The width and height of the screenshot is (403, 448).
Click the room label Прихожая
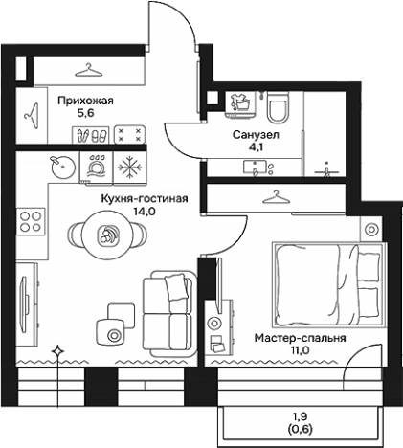pos(85,101)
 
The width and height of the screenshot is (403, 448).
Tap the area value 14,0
pos(145,212)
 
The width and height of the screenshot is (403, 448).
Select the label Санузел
pos(256,135)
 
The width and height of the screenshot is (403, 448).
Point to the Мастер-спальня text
pos(301,338)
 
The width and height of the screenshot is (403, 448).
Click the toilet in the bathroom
pos(278,107)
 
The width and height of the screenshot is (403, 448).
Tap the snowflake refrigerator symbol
pos(129,168)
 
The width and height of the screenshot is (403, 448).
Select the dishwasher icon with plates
pos(97,167)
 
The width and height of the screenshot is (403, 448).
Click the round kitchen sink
pos(63,167)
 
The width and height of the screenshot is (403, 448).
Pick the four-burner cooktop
pos(31,221)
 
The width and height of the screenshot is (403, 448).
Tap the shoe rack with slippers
pos(91,135)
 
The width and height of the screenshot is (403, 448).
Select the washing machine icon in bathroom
pos(241,103)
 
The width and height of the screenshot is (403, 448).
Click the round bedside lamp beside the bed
pos(370,229)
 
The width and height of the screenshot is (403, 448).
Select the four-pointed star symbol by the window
pos(57,351)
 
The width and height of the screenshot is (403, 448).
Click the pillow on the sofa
pos(175,287)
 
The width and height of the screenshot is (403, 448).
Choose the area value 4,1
pos(256,147)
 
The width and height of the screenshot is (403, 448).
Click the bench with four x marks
pos(130,135)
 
